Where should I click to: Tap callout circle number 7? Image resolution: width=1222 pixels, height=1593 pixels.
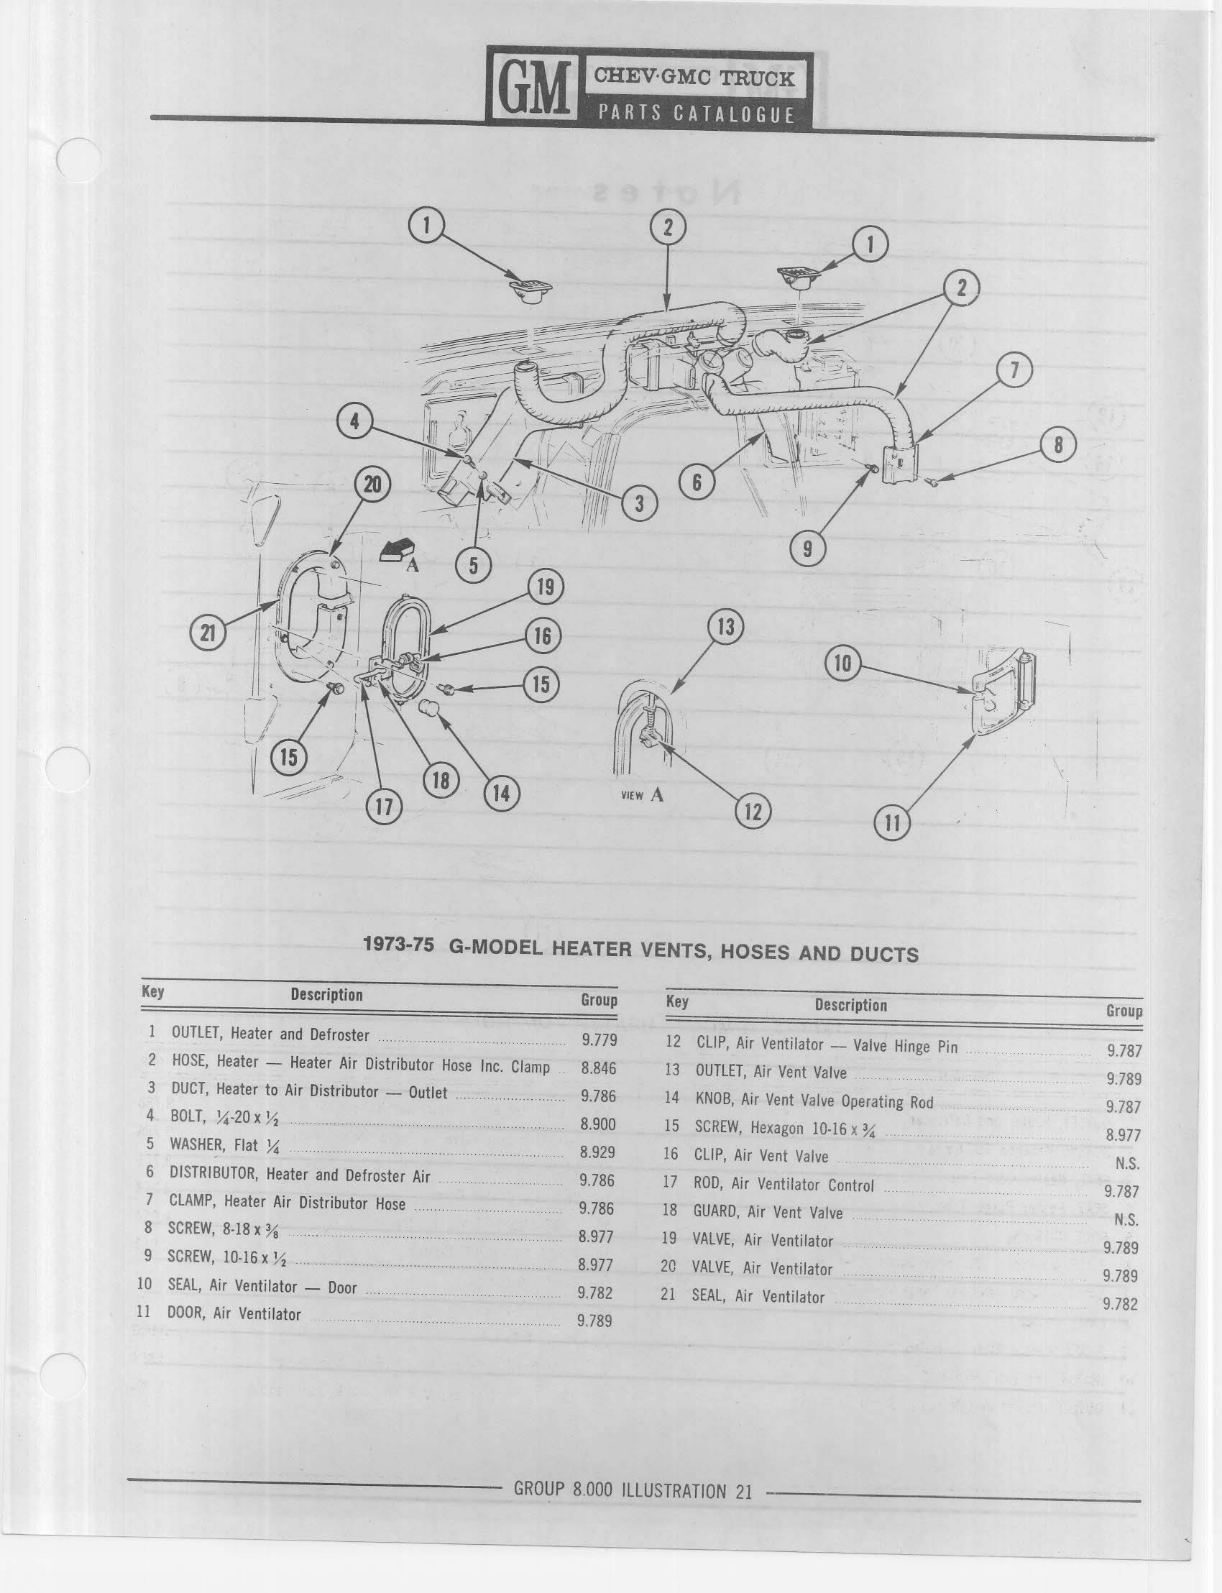click(x=1014, y=372)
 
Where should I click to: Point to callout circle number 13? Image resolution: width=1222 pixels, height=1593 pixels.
click(x=726, y=627)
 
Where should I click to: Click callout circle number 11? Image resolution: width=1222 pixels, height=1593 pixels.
click(x=892, y=822)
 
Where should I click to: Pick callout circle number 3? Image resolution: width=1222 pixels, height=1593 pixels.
click(x=638, y=504)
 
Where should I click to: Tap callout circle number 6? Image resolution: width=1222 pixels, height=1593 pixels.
click(x=696, y=482)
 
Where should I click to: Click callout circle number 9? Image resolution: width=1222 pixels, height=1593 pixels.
click(x=807, y=549)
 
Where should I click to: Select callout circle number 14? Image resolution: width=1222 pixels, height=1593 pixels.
click(x=501, y=792)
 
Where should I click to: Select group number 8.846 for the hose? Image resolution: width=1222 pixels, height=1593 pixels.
click(x=599, y=1068)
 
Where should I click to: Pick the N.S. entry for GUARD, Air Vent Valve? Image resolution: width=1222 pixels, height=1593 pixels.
click(x=1126, y=1220)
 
